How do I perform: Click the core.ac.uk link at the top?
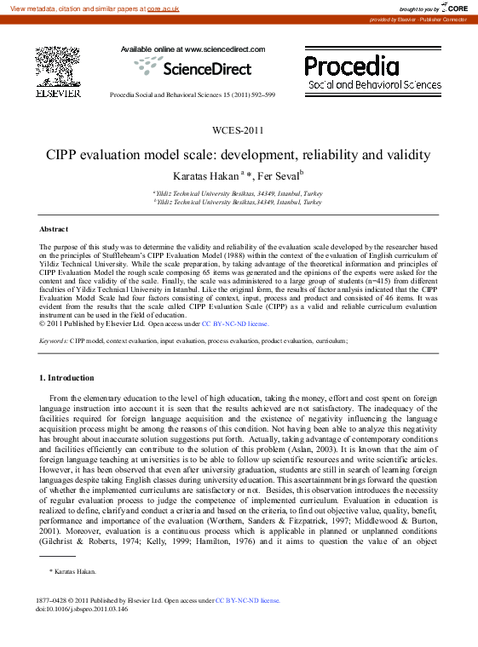point(163,9)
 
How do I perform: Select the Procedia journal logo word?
point(351,66)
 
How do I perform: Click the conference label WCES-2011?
point(239,130)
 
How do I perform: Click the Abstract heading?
point(53,230)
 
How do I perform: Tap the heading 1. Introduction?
point(67,377)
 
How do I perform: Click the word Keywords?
point(54,341)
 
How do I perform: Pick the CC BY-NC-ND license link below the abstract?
point(234,324)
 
